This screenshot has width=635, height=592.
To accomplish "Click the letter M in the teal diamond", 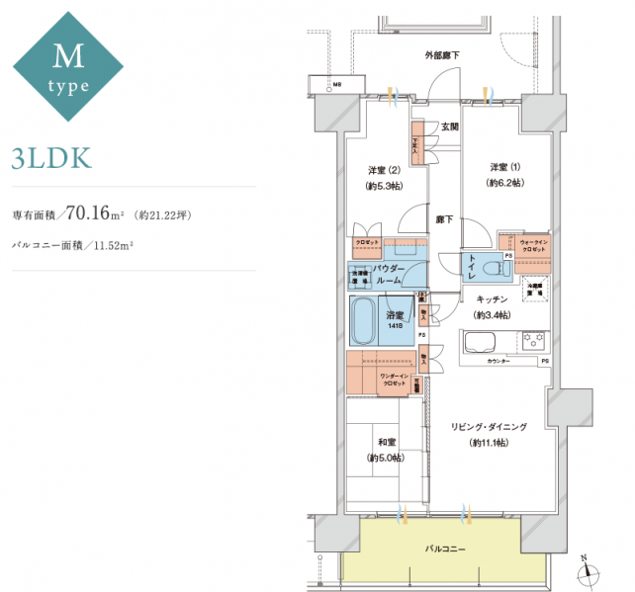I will [x=67, y=55].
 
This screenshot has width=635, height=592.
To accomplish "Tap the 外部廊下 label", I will [x=442, y=55].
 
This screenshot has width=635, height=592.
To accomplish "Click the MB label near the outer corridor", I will [x=337, y=85].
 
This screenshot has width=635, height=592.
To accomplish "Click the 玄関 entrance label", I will [x=450, y=127].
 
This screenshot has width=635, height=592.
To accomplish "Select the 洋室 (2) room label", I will [x=383, y=169].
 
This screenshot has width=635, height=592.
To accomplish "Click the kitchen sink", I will [x=480, y=343].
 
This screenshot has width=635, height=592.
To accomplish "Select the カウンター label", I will [x=500, y=363].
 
